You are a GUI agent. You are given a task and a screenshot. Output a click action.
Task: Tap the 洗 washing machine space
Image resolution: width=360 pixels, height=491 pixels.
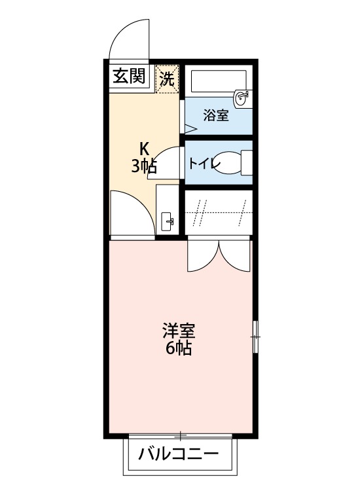(166, 79)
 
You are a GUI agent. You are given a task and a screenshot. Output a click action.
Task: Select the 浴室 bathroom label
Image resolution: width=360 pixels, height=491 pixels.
(215, 116)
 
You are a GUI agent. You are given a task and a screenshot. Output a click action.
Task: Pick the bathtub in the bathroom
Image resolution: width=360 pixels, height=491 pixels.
(213, 82)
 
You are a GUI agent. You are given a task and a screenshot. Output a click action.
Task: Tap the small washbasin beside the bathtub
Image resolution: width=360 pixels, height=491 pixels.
(243, 99)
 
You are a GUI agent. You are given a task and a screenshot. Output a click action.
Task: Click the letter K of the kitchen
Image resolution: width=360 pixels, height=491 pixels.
(143, 147)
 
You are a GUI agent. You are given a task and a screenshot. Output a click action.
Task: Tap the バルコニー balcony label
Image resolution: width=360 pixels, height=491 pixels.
(179, 453)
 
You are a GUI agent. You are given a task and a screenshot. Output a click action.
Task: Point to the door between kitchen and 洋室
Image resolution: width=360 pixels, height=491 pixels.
(131, 215)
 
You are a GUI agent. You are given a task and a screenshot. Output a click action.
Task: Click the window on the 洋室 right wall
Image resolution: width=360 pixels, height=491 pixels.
(255, 337)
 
